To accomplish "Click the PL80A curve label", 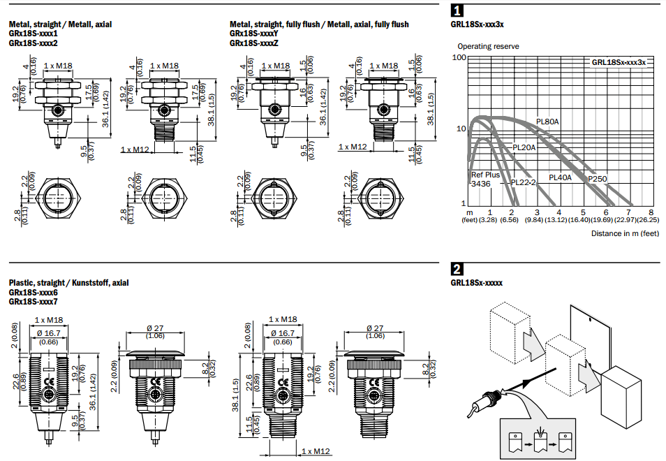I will [548, 122].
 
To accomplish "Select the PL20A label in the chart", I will [524, 147].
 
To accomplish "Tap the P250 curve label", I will [597, 179].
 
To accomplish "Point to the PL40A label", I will [560, 177].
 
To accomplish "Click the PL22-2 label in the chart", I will [523, 182].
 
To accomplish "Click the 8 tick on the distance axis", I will [651, 212].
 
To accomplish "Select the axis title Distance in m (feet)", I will [625, 233].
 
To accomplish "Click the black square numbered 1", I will [457, 10].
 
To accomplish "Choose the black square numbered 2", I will [457, 269].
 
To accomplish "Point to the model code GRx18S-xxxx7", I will [34, 301].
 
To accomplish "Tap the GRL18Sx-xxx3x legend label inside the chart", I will [619, 62].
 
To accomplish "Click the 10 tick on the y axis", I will [461, 129].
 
